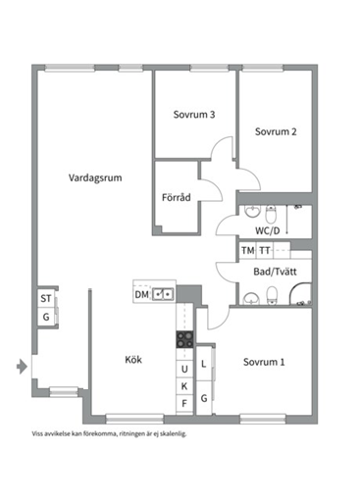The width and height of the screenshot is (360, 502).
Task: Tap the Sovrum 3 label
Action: pos(194,114)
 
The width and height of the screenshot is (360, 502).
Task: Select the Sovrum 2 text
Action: pos(277,131)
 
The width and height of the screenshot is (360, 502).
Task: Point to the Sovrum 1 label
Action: pos(265,362)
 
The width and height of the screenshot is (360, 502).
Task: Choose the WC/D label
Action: pos(267,231)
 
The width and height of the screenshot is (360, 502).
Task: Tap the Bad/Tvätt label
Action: pos(269,272)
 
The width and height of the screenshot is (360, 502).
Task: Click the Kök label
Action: pos(133,360)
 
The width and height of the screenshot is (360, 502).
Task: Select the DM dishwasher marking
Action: pos(142,293)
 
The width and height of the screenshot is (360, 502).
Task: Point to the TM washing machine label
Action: pos(247,251)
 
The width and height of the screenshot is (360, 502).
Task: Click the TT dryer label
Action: pos(264,251)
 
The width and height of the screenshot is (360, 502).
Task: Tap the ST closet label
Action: pos(45,299)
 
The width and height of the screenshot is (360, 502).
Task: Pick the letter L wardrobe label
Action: pos(204,364)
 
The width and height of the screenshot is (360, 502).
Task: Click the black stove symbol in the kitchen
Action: pos(183,341)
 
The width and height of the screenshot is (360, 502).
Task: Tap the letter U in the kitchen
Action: pos(183,370)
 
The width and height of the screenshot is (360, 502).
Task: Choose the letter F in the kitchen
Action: pos(183,402)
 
